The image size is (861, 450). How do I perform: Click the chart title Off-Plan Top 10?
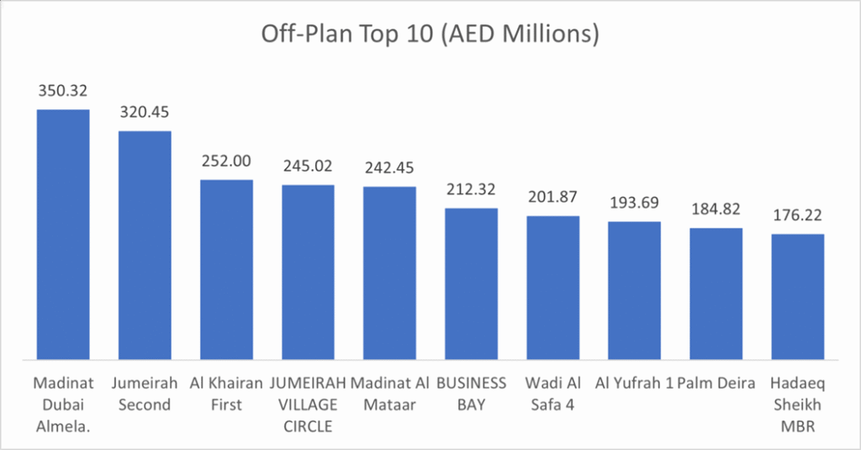pyautogui.click(x=430, y=34)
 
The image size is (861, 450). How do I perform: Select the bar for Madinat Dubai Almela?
pyautogui.click(x=62, y=236)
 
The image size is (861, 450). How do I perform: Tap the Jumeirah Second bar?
pyautogui.click(x=145, y=246)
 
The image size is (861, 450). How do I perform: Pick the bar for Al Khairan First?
pyautogui.click(x=226, y=270)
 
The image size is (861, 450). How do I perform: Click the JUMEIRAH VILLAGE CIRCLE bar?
pyautogui.click(x=308, y=273)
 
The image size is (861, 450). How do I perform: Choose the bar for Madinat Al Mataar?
pyautogui.click(x=389, y=273)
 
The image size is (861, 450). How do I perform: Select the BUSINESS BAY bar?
pyautogui.click(x=471, y=284)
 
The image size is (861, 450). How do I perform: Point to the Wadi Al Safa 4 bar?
pyautogui.click(x=553, y=288)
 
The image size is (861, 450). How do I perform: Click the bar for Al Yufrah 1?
pyautogui.click(x=635, y=291)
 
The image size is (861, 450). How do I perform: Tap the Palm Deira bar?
pyautogui.click(x=716, y=294)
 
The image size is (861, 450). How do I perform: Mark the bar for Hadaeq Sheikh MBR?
pyautogui.click(x=798, y=297)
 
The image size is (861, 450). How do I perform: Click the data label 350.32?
pyautogui.click(x=62, y=90)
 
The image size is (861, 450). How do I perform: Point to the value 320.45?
pyautogui.click(x=145, y=111)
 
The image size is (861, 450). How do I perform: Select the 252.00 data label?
pyautogui.click(x=226, y=160)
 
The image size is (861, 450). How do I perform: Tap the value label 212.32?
pyautogui.click(x=471, y=188)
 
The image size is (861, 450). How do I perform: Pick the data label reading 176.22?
pyautogui.click(x=798, y=214)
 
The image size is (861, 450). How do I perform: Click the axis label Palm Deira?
pyautogui.click(x=716, y=384)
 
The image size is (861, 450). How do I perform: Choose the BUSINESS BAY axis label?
pyautogui.click(x=471, y=394)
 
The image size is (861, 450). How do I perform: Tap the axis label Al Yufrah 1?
pyautogui.click(x=635, y=384)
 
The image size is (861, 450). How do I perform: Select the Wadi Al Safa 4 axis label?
pyautogui.click(x=553, y=394)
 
